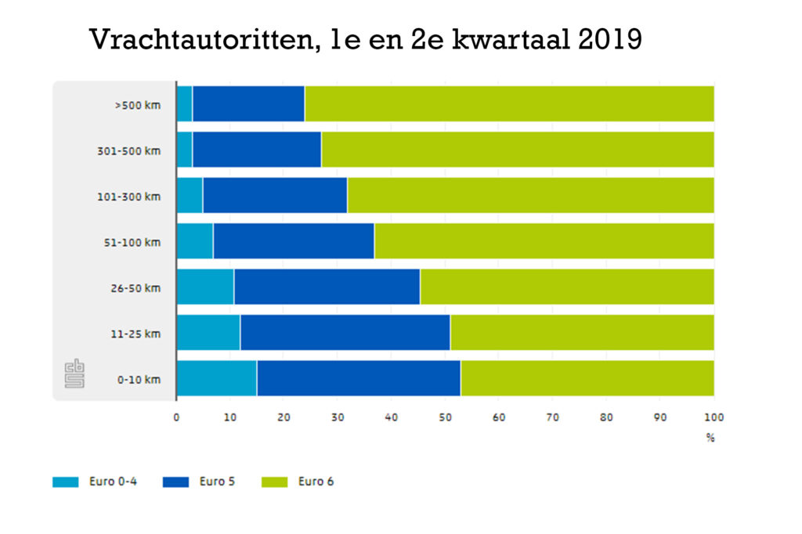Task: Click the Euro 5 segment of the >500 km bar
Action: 248,104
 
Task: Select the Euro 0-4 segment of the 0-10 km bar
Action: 216,379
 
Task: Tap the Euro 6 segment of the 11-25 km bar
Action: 581,333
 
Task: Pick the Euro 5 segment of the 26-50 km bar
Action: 327,287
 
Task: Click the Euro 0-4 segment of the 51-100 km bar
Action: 195,241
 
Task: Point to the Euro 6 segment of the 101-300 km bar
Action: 530,196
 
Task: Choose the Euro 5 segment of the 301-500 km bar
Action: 257,150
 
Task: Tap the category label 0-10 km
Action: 139,380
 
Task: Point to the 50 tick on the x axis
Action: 445,417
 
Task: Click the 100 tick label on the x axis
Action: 713,417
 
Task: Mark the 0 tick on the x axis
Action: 176,417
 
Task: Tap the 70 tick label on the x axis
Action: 552,417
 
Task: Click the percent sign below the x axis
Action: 710,438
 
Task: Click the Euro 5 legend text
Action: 217,482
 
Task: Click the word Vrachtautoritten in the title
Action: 198,39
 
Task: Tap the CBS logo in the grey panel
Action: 75,373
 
